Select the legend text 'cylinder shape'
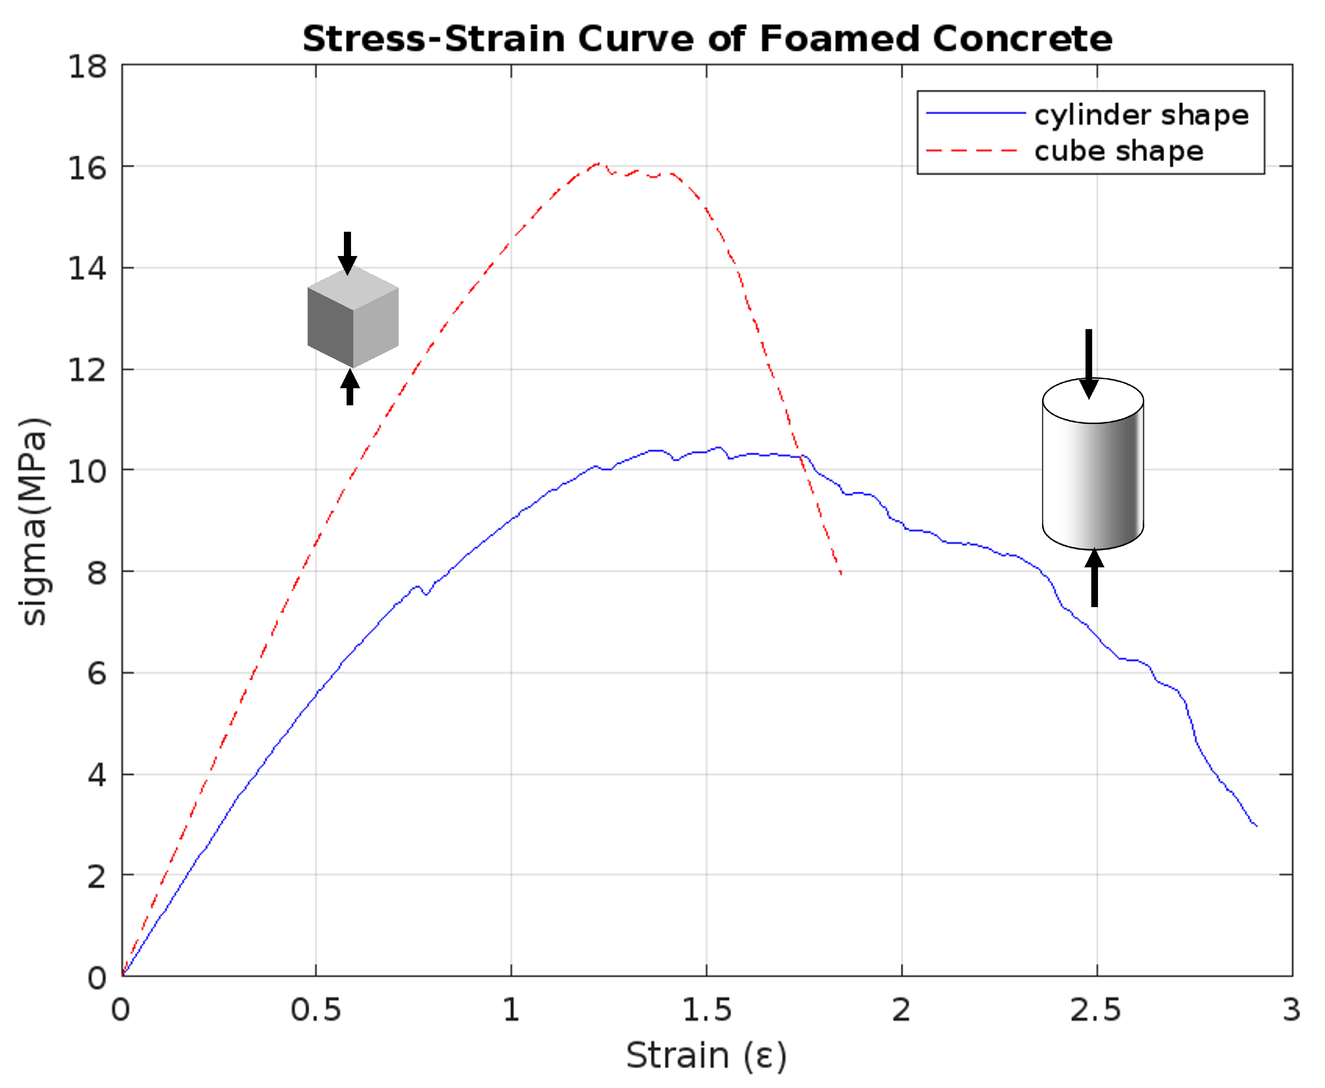[x=1141, y=115]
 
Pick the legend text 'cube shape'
[x=1119, y=151]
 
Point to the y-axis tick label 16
[x=87, y=168]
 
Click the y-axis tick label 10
[x=87, y=471]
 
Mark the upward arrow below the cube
[x=350, y=387]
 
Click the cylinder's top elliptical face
[x=1093, y=401]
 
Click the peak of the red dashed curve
[x=598, y=163]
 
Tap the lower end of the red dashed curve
[x=841, y=573]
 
